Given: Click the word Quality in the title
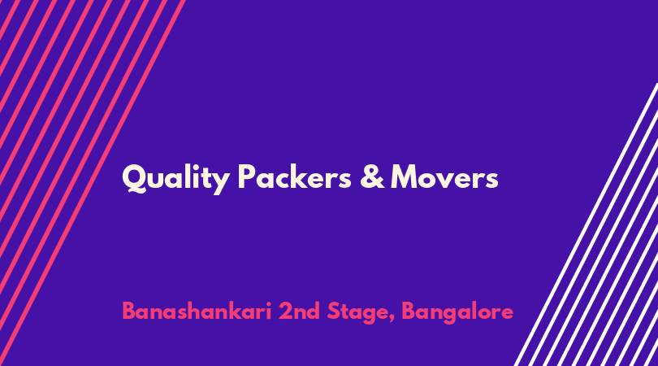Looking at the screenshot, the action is point(175,179).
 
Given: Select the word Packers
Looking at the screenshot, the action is point(294,176).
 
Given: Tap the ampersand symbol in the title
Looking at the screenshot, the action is point(372,176).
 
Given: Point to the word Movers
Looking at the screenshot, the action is point(444,177).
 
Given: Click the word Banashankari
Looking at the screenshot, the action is point(197,311).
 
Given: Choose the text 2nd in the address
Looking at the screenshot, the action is point(299,311).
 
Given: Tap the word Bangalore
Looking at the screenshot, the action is point(457,312).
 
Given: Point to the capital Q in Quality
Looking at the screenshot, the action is point(134,178).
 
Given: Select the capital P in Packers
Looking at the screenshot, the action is point(247,176).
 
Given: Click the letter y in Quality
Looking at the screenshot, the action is point(221,183).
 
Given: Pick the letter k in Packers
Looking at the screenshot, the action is point(302,176).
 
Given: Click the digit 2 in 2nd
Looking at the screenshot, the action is point(286,311).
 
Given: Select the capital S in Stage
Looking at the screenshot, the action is point(334,311).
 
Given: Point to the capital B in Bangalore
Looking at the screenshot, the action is point(409,311).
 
